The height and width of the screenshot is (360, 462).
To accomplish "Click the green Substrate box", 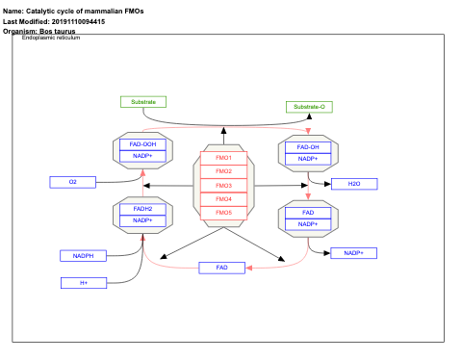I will (x=143, y=102).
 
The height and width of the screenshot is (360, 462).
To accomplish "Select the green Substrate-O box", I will (x=310, y=107).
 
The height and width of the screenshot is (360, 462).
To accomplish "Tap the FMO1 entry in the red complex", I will (x=223, y=157).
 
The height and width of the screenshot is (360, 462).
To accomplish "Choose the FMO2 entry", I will (x=223, y=171).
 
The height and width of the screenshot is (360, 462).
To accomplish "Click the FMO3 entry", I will (x=223, y=185).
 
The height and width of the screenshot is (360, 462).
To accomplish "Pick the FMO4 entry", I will (x=223, y=198).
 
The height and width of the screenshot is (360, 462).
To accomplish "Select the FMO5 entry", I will (x=223, y=212).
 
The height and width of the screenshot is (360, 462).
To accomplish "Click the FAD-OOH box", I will (x=142, y=144).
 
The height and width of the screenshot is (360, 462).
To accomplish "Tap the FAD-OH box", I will (x=308, y=146).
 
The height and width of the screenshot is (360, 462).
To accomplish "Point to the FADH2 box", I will (x=142, y=208).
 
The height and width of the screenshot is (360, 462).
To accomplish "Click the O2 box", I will (x=73, y=181).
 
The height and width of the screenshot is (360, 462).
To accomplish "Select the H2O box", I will (x=353, y=184).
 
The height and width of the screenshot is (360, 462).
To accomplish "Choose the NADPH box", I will (x=84, y=256).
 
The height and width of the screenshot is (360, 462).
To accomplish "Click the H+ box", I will (x=84, y=283).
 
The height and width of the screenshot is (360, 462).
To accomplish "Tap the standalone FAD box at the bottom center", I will (x=222, y=268).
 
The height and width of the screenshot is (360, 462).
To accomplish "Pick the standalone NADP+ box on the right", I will (x=353, y=252).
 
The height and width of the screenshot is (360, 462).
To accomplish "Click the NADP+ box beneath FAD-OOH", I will (x=142, y=156).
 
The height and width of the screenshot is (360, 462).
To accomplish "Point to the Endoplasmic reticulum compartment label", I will (x=51, y=38).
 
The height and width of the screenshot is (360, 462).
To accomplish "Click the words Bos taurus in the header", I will (x=58, y=31).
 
